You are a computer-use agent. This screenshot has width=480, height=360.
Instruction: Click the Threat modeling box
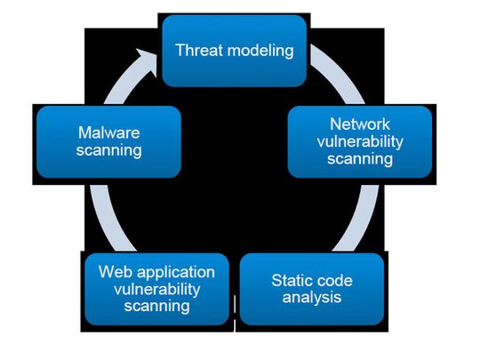click(235, 51)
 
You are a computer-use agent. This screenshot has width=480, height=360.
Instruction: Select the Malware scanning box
click(108, 141)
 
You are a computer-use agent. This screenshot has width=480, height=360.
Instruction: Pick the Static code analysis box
click(312, 289)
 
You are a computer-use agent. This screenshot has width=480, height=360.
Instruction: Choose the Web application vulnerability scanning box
click(157, 289)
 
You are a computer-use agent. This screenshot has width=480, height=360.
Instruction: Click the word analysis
click(312, 298)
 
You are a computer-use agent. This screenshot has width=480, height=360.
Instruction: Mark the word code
click(335, 281)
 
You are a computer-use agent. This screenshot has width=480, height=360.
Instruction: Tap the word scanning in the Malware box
click(108, 150)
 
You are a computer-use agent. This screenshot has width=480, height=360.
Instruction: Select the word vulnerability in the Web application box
click(157, 289)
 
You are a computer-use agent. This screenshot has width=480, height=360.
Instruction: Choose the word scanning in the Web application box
click(157, 307)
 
